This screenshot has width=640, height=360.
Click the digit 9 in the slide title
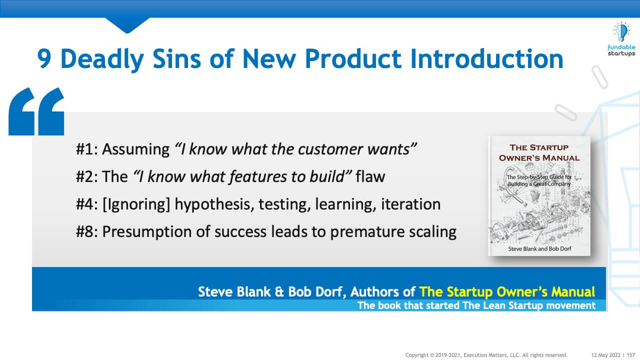click(44, 58)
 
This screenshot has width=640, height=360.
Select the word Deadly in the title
click(102, 59)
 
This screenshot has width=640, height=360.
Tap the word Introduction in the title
click(487, 58)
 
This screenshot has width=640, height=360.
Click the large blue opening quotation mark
click(36, 111)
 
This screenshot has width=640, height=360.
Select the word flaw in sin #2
click(370, 176)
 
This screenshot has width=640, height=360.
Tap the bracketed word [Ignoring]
click(136, 204)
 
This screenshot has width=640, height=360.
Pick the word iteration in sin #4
click(411, 204)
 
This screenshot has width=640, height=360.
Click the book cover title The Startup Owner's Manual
click(539, 153)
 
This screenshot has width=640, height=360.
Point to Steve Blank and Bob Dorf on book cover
click(539, 249)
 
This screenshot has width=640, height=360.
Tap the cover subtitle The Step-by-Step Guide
click(539, 180)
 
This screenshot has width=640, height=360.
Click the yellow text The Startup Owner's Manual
click(507, 292)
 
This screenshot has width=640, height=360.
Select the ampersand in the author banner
click(279, 292)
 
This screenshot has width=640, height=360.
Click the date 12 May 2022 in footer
click(605, 355)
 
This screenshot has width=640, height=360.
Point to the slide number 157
click(631, 355)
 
